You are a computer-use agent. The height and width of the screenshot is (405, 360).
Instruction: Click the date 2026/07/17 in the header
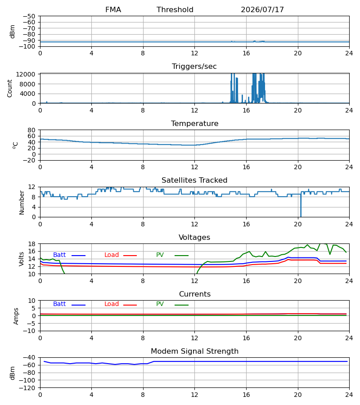pos(262,9)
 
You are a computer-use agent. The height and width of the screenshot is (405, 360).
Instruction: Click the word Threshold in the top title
pos(175,9)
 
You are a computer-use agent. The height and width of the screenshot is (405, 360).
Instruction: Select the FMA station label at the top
pos(113,9)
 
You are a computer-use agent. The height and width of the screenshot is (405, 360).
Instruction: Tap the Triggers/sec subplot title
pos(194,67)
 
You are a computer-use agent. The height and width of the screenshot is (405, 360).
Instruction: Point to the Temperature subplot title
pos(194,123)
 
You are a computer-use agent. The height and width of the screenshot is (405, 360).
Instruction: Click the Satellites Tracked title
pos(194,180)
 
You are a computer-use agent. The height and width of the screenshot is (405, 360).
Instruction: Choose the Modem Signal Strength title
pos(194,351)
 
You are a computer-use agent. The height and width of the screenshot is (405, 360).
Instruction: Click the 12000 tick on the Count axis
pos(26,74)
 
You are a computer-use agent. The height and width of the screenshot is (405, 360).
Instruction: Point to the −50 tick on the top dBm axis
pos(29,16)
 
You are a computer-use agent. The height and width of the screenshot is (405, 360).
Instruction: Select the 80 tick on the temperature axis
pos(31,130)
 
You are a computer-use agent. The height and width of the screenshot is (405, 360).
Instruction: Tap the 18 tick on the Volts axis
pos(31,244)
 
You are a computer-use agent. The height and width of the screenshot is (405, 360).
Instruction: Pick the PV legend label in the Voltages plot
pos(160,255)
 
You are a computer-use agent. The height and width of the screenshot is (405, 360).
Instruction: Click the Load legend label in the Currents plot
pos(112,304)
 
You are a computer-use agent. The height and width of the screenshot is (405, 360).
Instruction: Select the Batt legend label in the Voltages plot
pos(59,255)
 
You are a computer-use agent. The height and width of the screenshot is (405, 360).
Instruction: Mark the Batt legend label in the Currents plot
pos(59,304)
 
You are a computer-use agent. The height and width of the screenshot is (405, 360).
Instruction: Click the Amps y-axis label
pos(16,316)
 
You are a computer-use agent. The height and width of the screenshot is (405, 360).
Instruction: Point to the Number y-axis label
pos(22,202)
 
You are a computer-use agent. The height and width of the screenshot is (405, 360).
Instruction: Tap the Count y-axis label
pos(10,88)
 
